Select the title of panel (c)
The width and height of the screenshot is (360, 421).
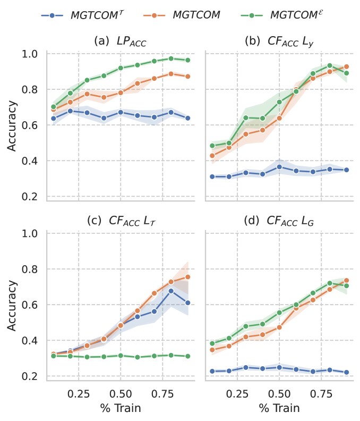[120, 222]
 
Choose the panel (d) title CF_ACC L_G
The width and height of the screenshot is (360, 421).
[278, 222]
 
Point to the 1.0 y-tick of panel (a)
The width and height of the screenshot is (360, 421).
[30, 54]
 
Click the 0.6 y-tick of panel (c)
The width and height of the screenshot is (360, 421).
[30, 305]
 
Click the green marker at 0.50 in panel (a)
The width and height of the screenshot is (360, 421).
[121, 68]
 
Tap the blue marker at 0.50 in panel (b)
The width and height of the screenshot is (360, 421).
[279, 167]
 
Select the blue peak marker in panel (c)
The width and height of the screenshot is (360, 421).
[171, 291]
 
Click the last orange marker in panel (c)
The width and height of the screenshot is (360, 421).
[187, 277]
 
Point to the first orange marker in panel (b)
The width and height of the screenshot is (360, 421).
[212, 156]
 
